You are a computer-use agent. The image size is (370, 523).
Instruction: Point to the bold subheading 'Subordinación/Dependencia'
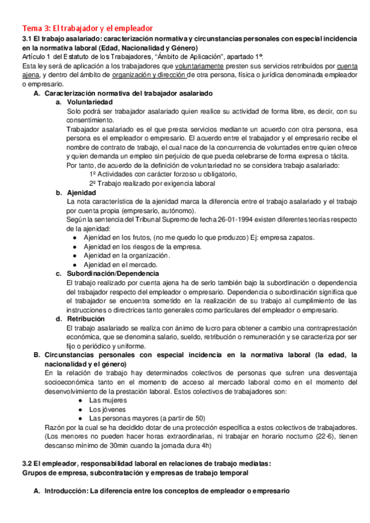(x=113, y=273)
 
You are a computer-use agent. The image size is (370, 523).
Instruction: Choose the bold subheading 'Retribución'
(x=86, y=319)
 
